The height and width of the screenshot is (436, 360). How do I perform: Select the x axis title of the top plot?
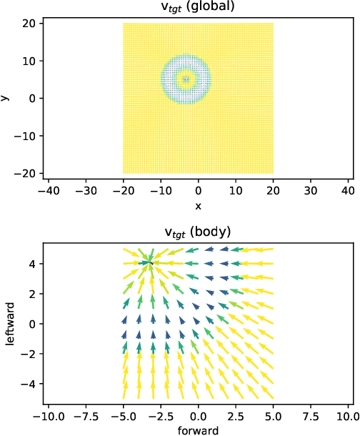click(x=198, y=206)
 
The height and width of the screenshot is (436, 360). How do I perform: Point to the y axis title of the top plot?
click(x=6, y=97)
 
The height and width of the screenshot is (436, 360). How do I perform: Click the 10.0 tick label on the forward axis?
click(x=347, y=415)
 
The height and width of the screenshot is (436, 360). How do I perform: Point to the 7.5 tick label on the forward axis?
click(x=310, y=415)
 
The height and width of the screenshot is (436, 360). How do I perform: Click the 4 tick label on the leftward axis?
click(x=34, y=264)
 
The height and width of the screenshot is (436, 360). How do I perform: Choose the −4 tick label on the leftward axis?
click(x=31, y=384)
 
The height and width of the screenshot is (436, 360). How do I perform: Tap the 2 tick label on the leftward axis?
click(x=34, y=294)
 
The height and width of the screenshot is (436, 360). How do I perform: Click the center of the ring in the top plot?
click(x=186, y=79)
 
